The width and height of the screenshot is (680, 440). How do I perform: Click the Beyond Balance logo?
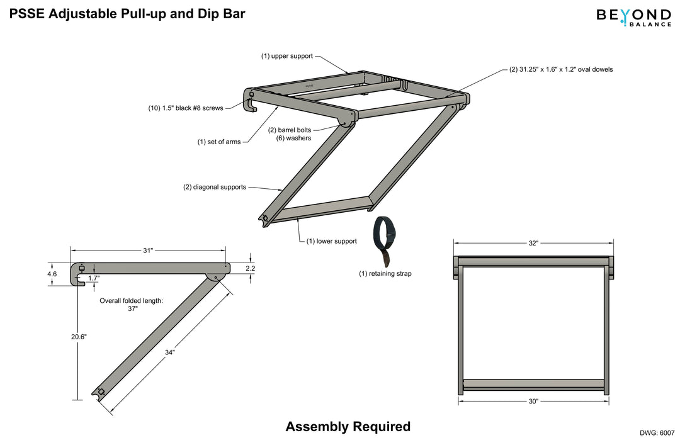tap(633, 16)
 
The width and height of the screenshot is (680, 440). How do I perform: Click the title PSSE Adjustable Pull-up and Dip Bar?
tap(127, 13)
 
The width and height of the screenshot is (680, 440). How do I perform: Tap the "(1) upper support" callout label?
tap(287, 56)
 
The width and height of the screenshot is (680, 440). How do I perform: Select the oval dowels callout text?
tap(560, 70)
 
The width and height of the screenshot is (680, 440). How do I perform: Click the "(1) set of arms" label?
tap(219, 142)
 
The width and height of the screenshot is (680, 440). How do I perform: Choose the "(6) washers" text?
tap(293, 138)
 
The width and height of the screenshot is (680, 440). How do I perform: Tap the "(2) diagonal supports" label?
tap(215, 187)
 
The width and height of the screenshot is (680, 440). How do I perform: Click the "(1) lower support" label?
tap(332, 241)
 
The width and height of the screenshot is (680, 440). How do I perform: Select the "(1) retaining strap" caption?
tap(385, 274)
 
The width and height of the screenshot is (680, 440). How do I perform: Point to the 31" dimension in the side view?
tap(148, 251)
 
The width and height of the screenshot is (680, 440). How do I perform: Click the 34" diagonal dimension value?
tap(169, 353)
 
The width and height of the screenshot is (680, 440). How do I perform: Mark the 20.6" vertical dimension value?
tap(79, 337)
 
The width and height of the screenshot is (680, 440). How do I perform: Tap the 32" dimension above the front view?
tap(533, 243)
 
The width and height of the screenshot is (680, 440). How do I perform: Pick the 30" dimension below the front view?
tap(533, 401)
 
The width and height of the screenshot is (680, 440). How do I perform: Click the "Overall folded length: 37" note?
tap(131, 305)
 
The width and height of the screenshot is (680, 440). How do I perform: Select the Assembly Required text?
tap(348, 426)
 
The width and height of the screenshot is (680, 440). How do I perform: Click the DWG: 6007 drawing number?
tap(659, 432)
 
